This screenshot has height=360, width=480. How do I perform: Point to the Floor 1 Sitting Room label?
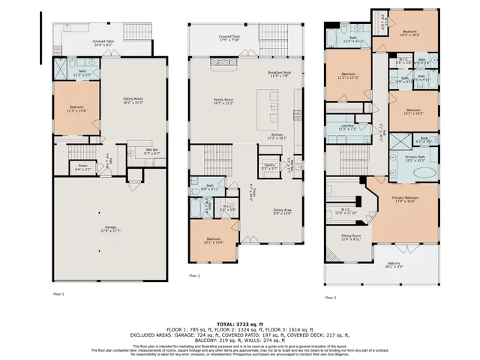click(x=133, y=100)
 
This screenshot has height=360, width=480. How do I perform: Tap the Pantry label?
click(x=270, y=167)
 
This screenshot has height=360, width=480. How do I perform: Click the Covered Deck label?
click(x=229, y=37)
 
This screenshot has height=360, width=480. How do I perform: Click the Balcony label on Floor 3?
click(x=394, y=265)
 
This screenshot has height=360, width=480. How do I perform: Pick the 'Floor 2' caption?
click(x=194, y=276)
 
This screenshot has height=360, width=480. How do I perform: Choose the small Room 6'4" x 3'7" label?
click(x=82, y=167)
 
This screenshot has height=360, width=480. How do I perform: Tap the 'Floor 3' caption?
click(x=331, y=298)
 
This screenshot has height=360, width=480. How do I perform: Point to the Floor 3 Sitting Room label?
click(x=351, y=237)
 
